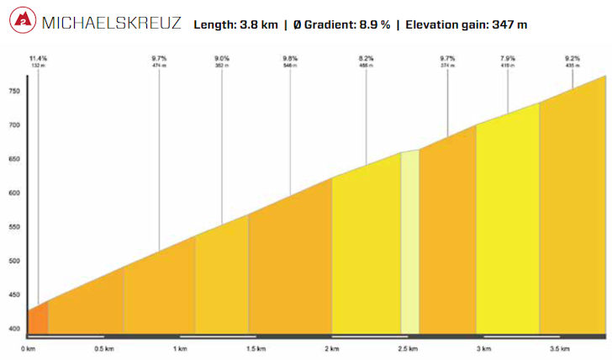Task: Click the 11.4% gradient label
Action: click(38, 58)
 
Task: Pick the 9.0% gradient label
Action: click(223, 58)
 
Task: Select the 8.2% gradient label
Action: click(366, 58)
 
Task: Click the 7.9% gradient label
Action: click(509, 58)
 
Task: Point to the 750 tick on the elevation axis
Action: click(14, 91)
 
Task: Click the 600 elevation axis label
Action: click(14, 193)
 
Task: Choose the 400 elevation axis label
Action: click(14, 329)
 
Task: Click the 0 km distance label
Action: click(28, 347)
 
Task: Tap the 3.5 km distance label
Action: click(559, 347)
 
